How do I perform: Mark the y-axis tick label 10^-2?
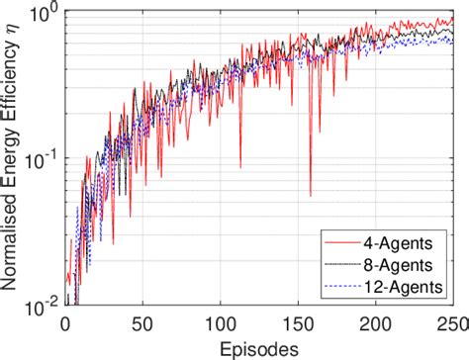[x=42, y=307]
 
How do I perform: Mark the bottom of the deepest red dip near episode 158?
[x=310, y=196]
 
